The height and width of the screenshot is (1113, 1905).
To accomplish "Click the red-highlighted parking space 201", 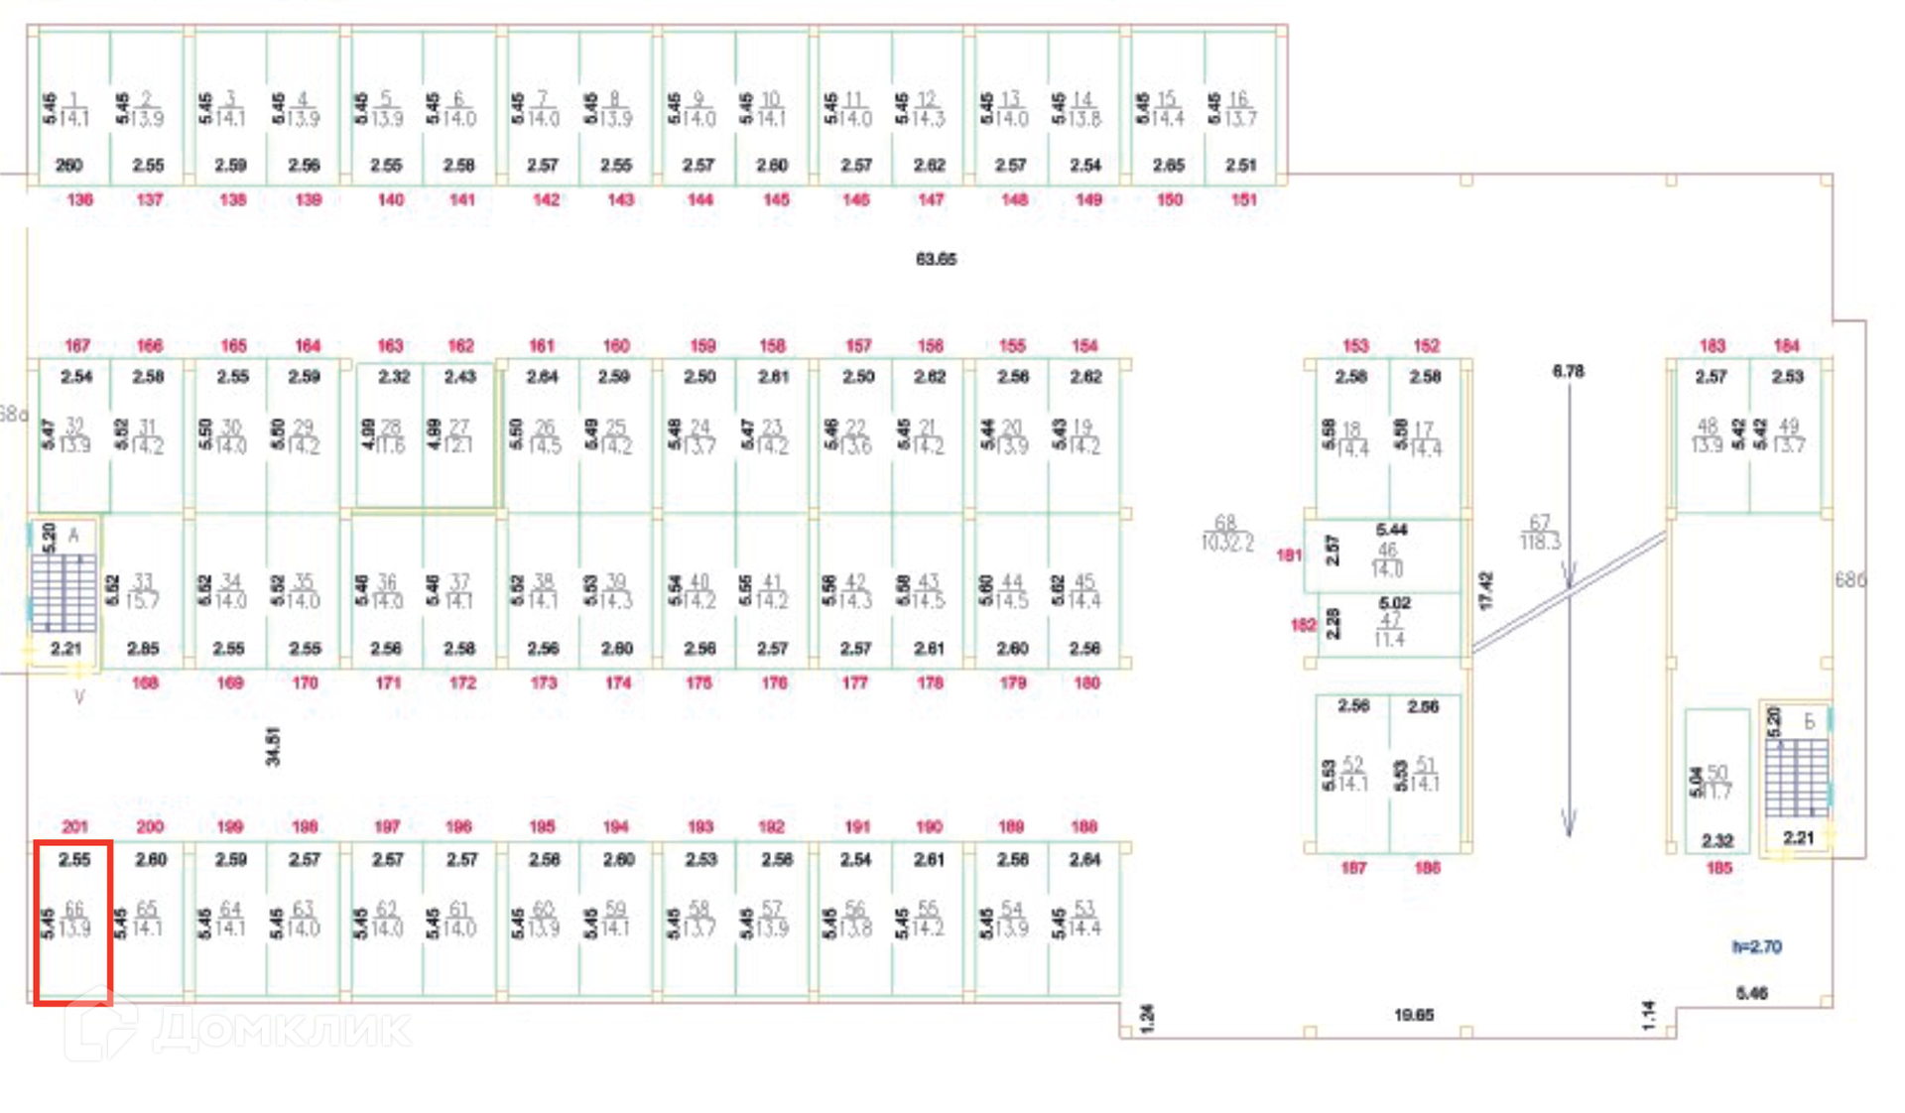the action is (x=72, y=922).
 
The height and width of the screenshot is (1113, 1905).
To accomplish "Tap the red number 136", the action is (x=79, y=199).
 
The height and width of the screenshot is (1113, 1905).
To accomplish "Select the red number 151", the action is (x=1243, y=199).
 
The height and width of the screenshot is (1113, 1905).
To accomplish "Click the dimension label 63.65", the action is (x=936, y=259).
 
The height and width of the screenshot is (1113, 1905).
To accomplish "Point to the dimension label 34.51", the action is (x=273, y=746).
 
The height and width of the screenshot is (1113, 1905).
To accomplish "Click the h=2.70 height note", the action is (x=1756, y=946).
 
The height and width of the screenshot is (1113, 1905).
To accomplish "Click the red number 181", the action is (x=1288, y=555).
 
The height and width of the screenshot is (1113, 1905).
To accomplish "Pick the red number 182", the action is (x=1303, y=625).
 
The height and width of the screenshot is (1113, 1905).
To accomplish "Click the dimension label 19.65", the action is (x=1413, y=1015).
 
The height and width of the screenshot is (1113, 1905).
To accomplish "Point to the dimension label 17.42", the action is (x=1485, y=590).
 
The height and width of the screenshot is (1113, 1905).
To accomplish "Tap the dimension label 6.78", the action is (x=1568, y=371).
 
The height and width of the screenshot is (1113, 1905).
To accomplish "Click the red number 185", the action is (x=1718, y=868).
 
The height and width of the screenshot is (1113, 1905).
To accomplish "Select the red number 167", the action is (x=77, y=345).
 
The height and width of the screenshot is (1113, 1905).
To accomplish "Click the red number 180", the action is (x=1086, y=682).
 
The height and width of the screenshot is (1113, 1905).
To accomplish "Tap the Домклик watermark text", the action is (x=283, y=1029).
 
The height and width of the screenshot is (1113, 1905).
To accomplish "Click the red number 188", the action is (x=1084, y=826).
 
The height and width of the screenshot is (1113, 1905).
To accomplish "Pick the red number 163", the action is (x=390, y=345).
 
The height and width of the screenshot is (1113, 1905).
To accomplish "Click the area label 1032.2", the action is (x=1226, y=543).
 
